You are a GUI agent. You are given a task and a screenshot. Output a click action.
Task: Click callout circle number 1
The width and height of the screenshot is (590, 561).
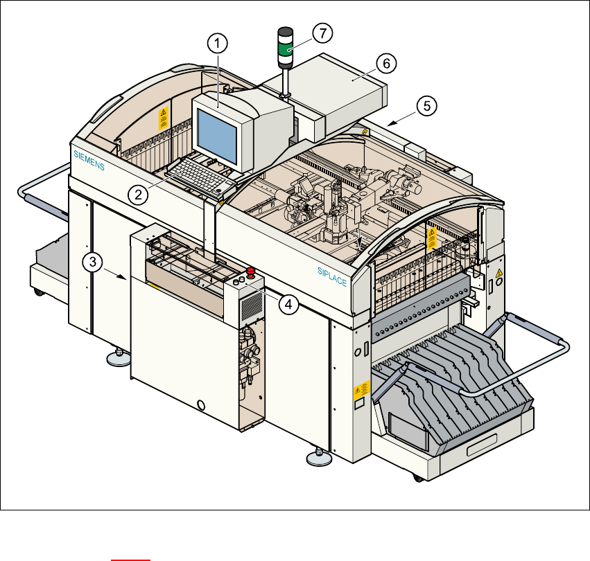pos(218,44)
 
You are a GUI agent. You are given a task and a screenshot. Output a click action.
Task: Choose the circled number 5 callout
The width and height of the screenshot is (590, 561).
pos(427,106)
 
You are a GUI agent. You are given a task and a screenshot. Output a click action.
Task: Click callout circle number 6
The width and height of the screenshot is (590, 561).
pos(387,63)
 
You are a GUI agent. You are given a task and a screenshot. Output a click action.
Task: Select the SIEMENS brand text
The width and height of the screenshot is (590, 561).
pos(89,161)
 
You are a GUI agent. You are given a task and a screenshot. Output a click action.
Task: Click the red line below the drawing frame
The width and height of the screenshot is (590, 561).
pos(132,556)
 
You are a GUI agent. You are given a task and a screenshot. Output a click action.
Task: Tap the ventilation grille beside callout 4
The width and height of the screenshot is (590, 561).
pos(252,305)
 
